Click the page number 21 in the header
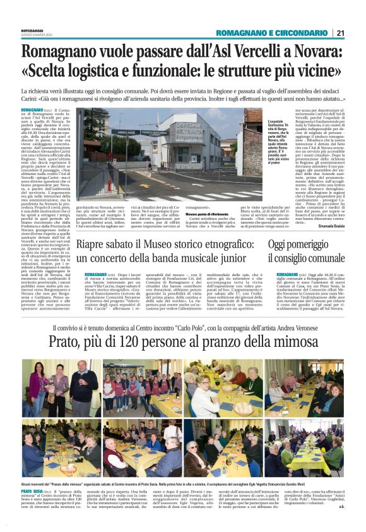[340, 33]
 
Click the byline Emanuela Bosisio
[328, 224]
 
